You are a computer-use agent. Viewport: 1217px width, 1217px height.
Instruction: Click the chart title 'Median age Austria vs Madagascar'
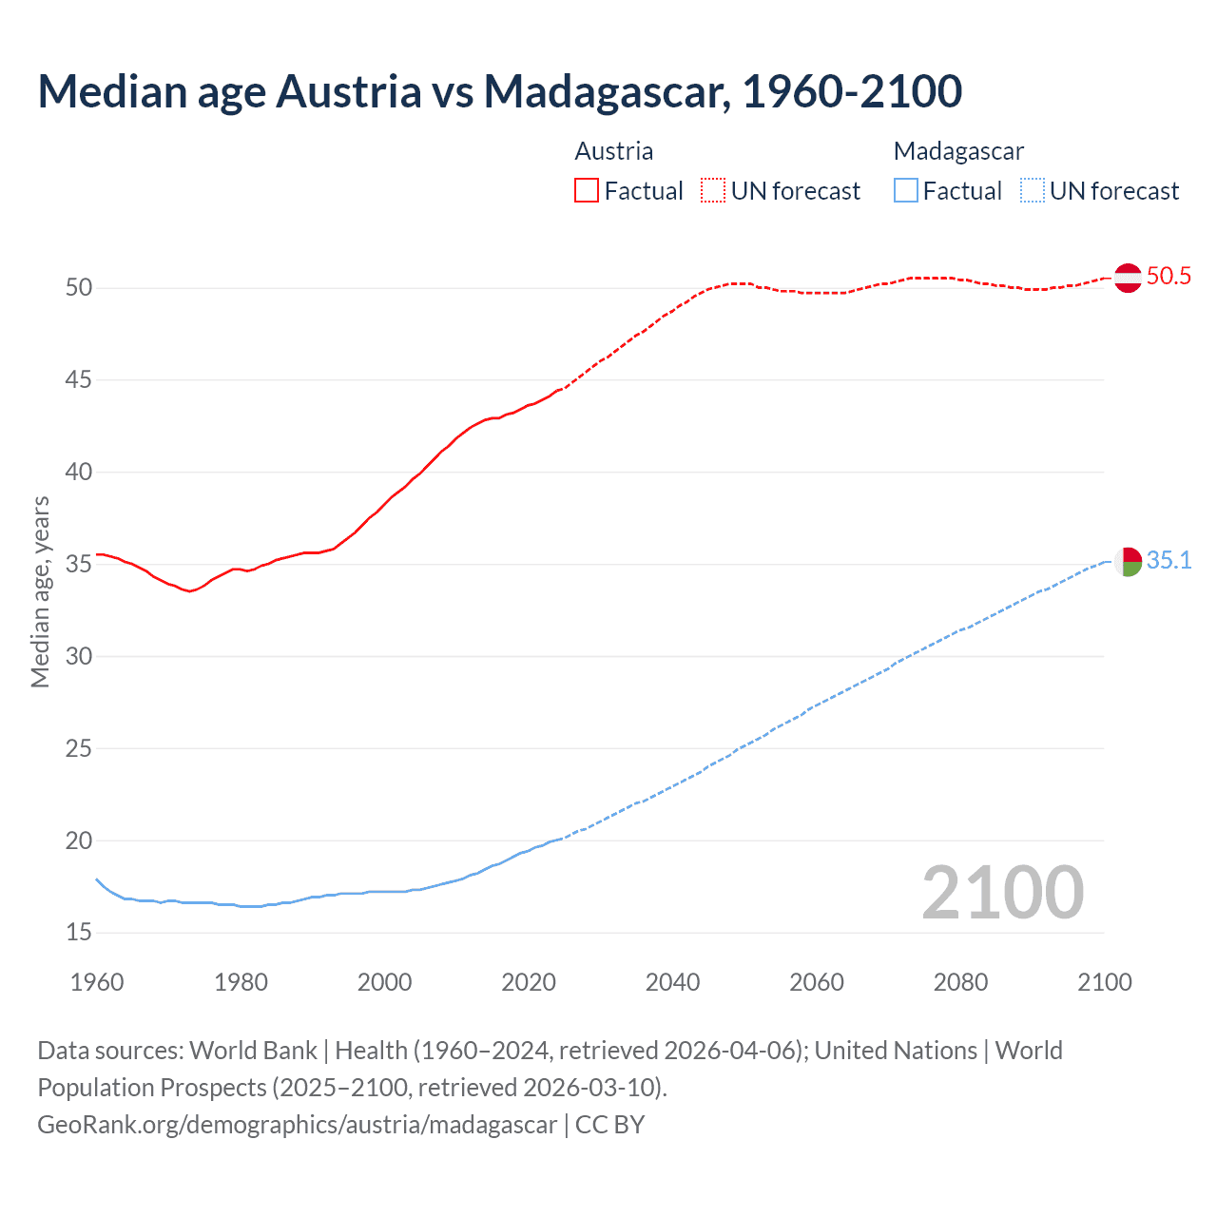tap(499, 91)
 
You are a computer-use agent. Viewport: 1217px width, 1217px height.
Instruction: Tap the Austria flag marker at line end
tap(1128, 278)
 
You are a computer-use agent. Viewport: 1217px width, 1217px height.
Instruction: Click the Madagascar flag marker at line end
tap(1128, 562)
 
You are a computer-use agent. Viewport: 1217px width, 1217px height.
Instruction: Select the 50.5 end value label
tap(1169, 277)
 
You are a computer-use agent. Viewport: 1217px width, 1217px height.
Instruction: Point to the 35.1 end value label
tap(1169, 561)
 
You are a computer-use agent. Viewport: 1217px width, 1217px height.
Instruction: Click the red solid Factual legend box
tap(587, 191)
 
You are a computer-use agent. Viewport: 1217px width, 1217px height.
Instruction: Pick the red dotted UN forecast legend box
tap(713, 191)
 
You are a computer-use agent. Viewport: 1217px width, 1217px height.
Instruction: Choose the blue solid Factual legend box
tap(906, 191)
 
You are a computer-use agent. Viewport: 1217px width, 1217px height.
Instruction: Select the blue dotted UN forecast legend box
tap(1033, 191)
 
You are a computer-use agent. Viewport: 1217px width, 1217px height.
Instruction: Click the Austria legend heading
tap(614, 151)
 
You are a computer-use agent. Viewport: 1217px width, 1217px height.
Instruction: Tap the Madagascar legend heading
tap(958, 151)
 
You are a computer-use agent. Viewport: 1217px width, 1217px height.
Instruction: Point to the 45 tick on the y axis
tap(79, 380)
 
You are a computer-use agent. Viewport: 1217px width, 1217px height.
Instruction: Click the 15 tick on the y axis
tap(79, 933)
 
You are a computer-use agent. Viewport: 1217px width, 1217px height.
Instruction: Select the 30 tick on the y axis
tap(79, 656)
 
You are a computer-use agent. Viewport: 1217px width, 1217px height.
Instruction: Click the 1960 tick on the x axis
tap(97, 982)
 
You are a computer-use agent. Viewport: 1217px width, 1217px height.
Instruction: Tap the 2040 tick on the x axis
tap(672, 982)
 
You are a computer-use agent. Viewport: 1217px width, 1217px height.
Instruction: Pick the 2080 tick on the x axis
tap(960, 982)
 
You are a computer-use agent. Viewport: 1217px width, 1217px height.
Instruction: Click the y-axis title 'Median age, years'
tap(40, 591)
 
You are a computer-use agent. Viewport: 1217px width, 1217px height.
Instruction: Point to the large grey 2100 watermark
tap(1002, 893)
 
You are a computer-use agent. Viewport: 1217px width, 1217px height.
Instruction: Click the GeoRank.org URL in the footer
tap(297, 1125)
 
